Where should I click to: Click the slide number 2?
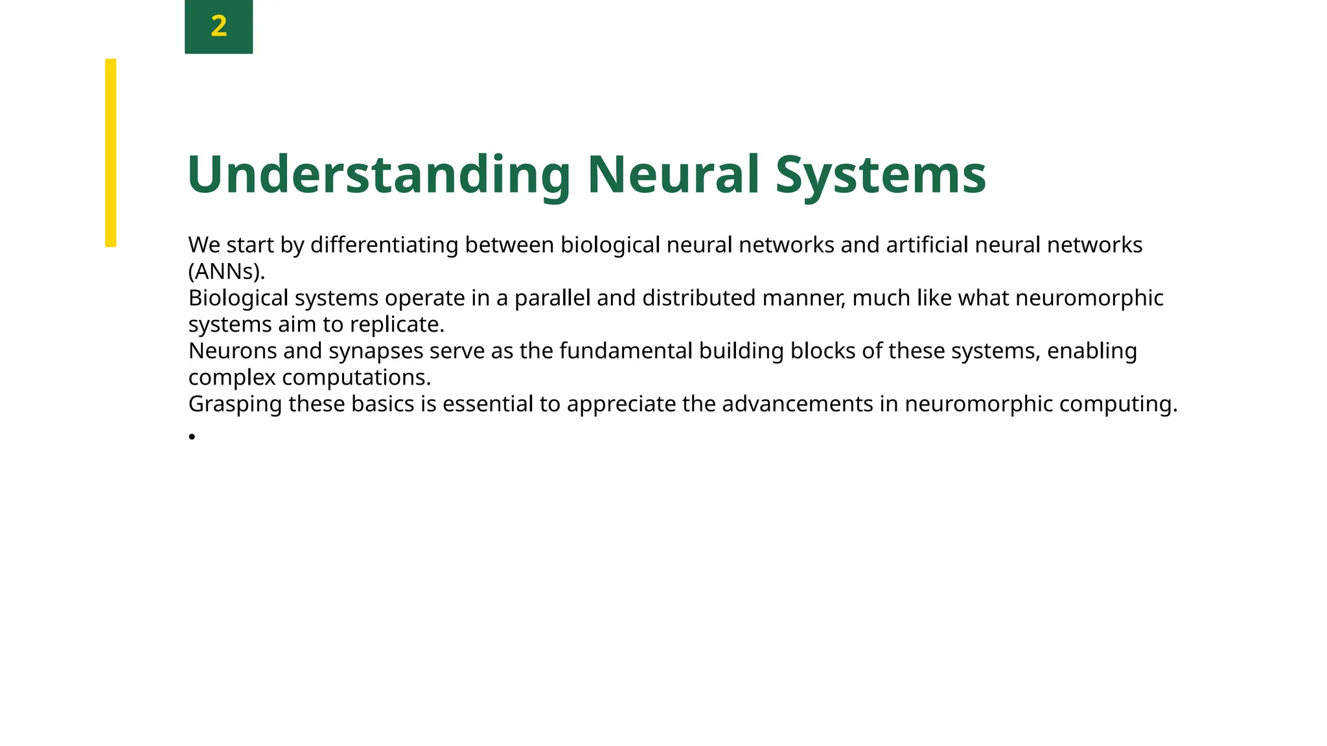(219, 27)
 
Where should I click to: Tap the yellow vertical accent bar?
(111, 153)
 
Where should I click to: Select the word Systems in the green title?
(881, 175)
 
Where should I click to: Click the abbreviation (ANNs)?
(226, 271)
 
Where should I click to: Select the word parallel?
(552, 298)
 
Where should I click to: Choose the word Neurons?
(233, 351)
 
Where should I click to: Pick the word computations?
(356, 378)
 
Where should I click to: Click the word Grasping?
(235, 404)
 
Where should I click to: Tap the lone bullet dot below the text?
(192, 437)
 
